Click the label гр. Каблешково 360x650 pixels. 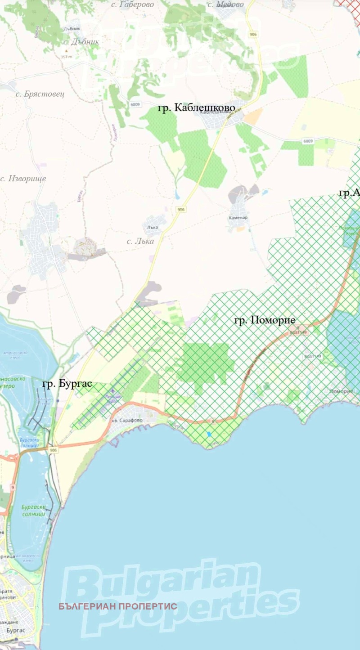(x=197, y=108)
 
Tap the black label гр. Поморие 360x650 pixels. (x=265, y=320)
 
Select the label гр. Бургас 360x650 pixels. (x=67, y=384)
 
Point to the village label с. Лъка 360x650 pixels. (x=140, y=241)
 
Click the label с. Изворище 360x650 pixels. (x=23, y=179)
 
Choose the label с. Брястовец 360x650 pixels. (x=40, y=94)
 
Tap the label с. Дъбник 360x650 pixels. (x=81, y=42)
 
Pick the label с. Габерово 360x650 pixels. (x=132, y=4)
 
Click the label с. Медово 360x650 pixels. (x=225, y=4)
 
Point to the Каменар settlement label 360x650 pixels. (x=238, y=218)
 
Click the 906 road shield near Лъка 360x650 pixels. (x=181, y=210)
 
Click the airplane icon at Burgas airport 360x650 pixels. (x=112, y=391)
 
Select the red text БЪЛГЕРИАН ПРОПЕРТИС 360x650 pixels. (x=118, y=606)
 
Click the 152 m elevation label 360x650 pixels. (x=66, y=57)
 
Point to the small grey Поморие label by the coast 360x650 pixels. (x=341, y=391)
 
